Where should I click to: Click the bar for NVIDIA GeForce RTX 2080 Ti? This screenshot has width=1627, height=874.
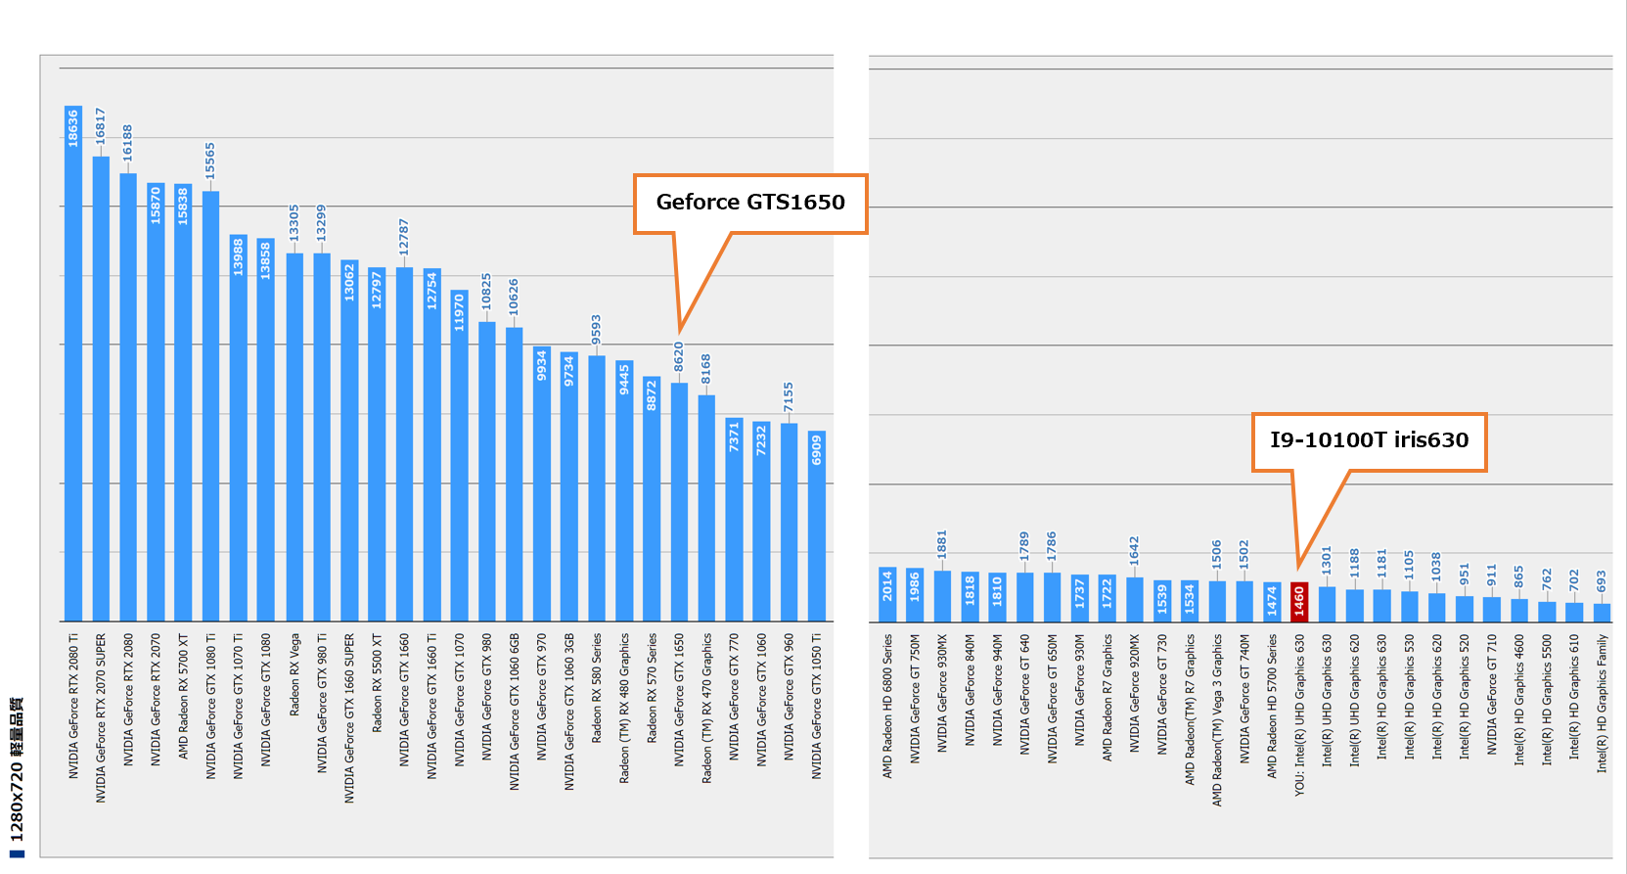tap(73, 372)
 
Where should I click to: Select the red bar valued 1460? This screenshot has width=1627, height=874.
tap(1299, 602)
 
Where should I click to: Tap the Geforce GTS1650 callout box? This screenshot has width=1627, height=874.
tap(750, 204)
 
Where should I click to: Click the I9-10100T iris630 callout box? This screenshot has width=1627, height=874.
tap(1369, 441)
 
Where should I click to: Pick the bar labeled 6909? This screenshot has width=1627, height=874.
tap(817, 529)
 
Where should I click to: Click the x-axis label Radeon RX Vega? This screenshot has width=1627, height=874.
tap(294, 675)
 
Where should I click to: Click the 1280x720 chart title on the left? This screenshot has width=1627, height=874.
tap(17, 773)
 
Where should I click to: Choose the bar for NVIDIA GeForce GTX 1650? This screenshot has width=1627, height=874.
tap(679, 504)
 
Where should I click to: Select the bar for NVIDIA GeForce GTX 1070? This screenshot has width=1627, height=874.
tap(459, 460)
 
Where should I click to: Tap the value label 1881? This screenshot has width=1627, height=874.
tap(942, 545)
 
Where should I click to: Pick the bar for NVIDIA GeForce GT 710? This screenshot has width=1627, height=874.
tap(1492, 610)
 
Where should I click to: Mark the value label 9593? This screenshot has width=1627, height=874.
tap(596, 331)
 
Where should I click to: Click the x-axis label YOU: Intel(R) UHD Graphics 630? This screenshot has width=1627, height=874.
tap(1300, 715)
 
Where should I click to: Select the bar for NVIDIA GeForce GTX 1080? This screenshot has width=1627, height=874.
tap(266, 431)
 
